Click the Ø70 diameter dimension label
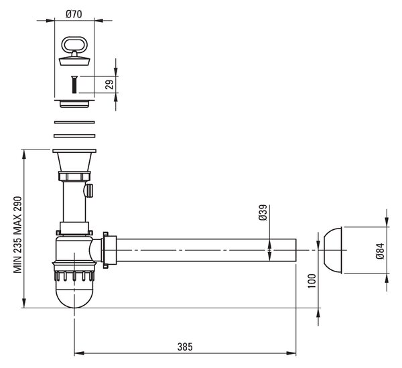tap(74, 14)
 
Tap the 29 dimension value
tap(110, 84)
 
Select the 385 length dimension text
tap(185, 347)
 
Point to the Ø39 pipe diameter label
tap(263, 212)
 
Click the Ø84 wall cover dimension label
tap(381, 251)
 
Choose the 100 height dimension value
tap(312, 281)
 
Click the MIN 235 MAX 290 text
tap(17, 235)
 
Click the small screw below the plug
tap(74, 84)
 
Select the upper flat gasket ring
tap(74, 122)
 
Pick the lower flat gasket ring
tap(74, 135)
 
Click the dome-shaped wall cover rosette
tap(333, 250)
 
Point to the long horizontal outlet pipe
tap(206, 250)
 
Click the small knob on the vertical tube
tap(88, 190)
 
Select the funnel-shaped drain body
tap(74, 160)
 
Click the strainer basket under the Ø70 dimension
tap(74, 104)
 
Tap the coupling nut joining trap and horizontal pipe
tap(109, 250)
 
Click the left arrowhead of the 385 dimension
tap(79, 353)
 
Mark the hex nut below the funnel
tap(74, 176)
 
